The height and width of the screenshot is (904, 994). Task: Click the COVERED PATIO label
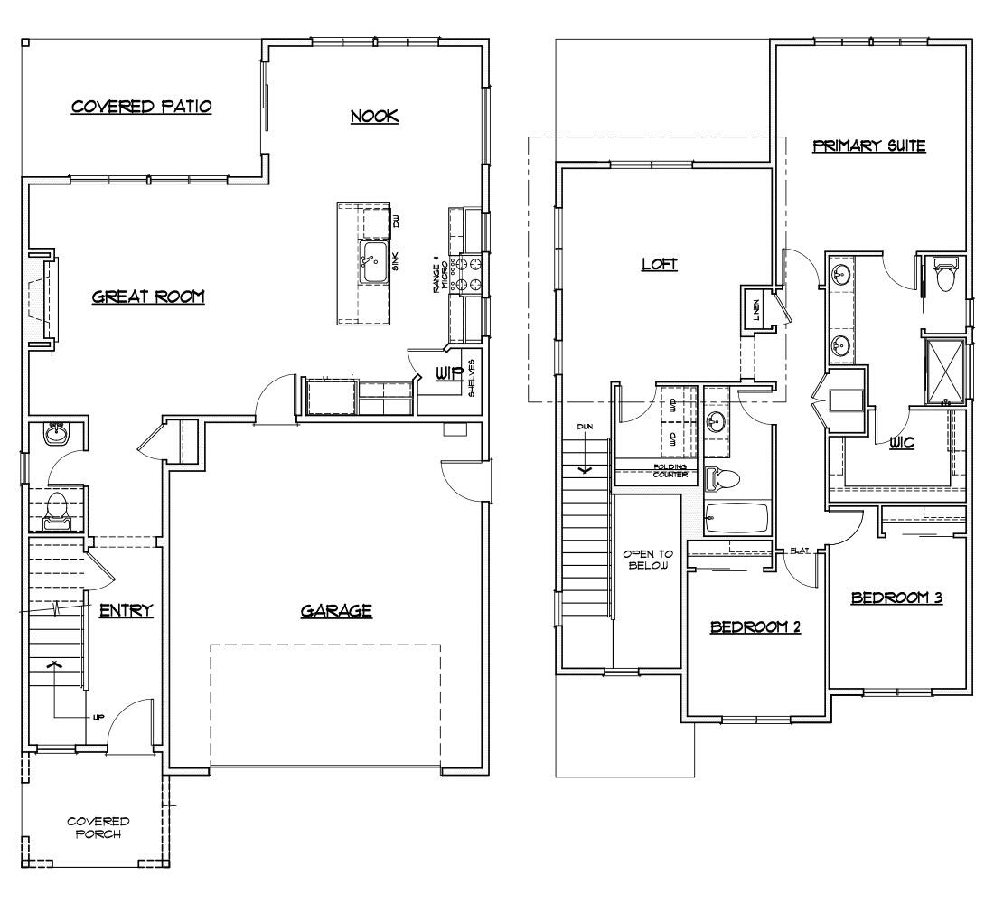click(142, 107)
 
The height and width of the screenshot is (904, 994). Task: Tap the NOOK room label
click(374, 116)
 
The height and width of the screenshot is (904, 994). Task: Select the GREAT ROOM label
click(148, 297)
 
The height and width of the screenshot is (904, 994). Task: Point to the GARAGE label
click(336, 611)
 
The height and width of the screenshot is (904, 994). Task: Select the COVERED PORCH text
click(98, 827)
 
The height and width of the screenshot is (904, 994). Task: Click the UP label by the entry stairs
click(98, 717)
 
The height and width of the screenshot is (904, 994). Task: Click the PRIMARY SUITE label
click(868, 146)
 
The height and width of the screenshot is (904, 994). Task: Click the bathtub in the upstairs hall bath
click(736, 518)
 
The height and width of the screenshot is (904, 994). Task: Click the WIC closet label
click(901, 443)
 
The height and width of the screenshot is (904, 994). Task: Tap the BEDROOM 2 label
click(755, 626)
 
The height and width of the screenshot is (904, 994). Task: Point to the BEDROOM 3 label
click(896, 598)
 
